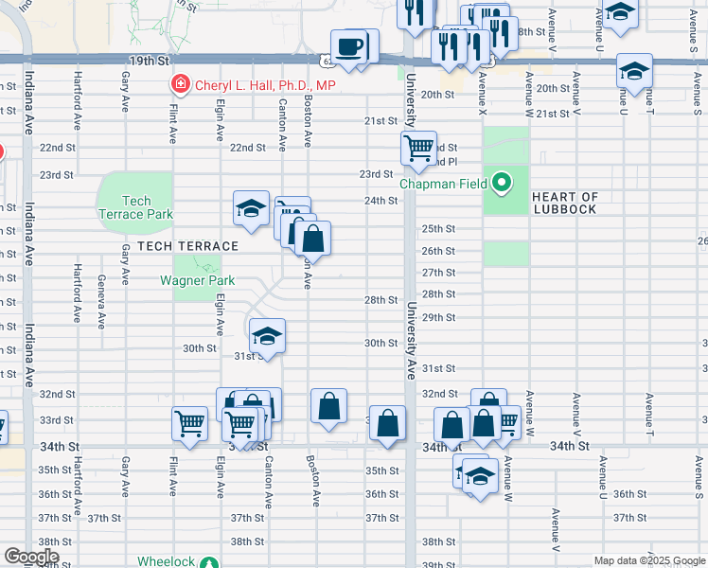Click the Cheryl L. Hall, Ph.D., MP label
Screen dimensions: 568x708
click(x=265, y=85)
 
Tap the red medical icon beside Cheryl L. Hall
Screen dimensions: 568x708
click(x=180, y=85)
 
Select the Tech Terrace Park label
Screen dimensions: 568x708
click(x=136, y=207)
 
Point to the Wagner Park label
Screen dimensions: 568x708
click(x=189, y=280)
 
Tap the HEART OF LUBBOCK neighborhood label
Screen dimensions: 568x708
click(x=564, y=203)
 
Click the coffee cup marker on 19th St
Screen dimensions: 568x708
click(x=349, y=46)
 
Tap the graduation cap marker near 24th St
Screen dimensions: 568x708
click(x=250, y=209)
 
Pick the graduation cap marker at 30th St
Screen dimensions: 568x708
click(x=267, y=337)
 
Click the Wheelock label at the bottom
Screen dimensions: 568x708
click(x=166, y=561)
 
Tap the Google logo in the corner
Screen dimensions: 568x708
click(x=30, y=557)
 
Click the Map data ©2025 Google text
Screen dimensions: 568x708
click(x=648, y=561)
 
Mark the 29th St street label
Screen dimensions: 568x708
click(x=438, y=317)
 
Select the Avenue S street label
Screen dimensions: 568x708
click(x=699, y=479)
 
